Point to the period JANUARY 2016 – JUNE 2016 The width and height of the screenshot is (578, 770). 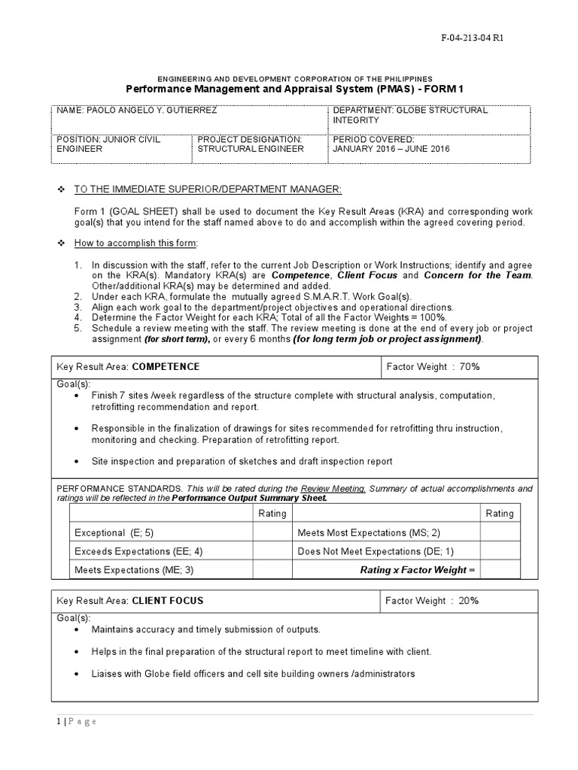(x=391, y=149)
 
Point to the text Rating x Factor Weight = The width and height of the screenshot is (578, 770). (x=418, y=570)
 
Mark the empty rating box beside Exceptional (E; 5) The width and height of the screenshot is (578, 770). (x=272, y=532)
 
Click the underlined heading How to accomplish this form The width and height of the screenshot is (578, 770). (x=135, y=244)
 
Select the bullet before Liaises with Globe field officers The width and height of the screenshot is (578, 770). (x=78, y=673)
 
